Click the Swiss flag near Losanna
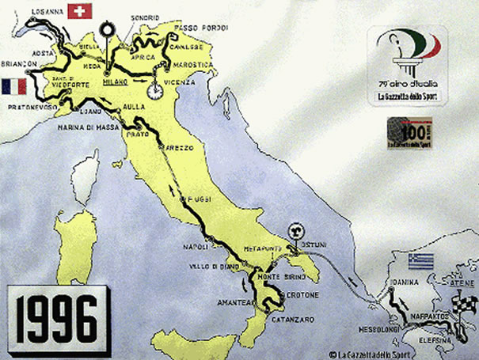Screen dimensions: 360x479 [79, 11]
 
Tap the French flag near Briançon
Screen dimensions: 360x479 [15, 85]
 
